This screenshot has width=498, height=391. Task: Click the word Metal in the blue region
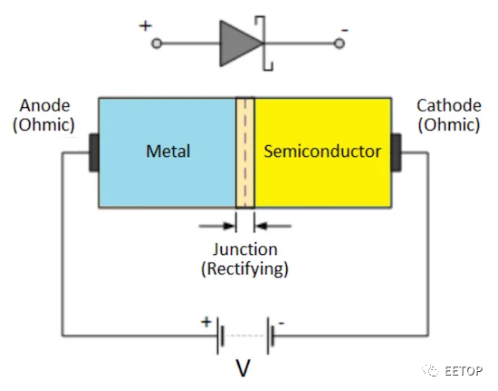[168, 152]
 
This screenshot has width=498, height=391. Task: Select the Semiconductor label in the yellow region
[322, 152]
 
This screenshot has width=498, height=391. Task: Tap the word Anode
[44, 105]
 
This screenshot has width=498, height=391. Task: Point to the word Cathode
[449, 105]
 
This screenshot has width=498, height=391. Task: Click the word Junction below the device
[244, 249]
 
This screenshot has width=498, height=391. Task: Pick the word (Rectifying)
[244, 269]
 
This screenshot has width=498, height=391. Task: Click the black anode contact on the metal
[94, 153]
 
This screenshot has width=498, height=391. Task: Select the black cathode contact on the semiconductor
[396, 153]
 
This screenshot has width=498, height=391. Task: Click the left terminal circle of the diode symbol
[157, 44]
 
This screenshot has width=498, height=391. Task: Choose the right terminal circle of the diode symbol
[340, 44]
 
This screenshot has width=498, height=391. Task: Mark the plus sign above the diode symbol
[146, 25]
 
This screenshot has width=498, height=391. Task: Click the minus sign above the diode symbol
[345, 31]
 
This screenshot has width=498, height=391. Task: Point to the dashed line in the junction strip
[244, 153]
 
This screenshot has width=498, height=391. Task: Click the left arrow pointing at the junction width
[217, 226]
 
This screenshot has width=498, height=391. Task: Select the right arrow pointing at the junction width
[273, 226]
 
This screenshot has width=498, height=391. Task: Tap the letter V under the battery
[243, 367]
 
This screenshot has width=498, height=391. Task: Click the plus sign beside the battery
[206, 322]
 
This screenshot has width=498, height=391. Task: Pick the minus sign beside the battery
[282, 324]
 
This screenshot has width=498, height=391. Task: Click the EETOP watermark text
[464, 371]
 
